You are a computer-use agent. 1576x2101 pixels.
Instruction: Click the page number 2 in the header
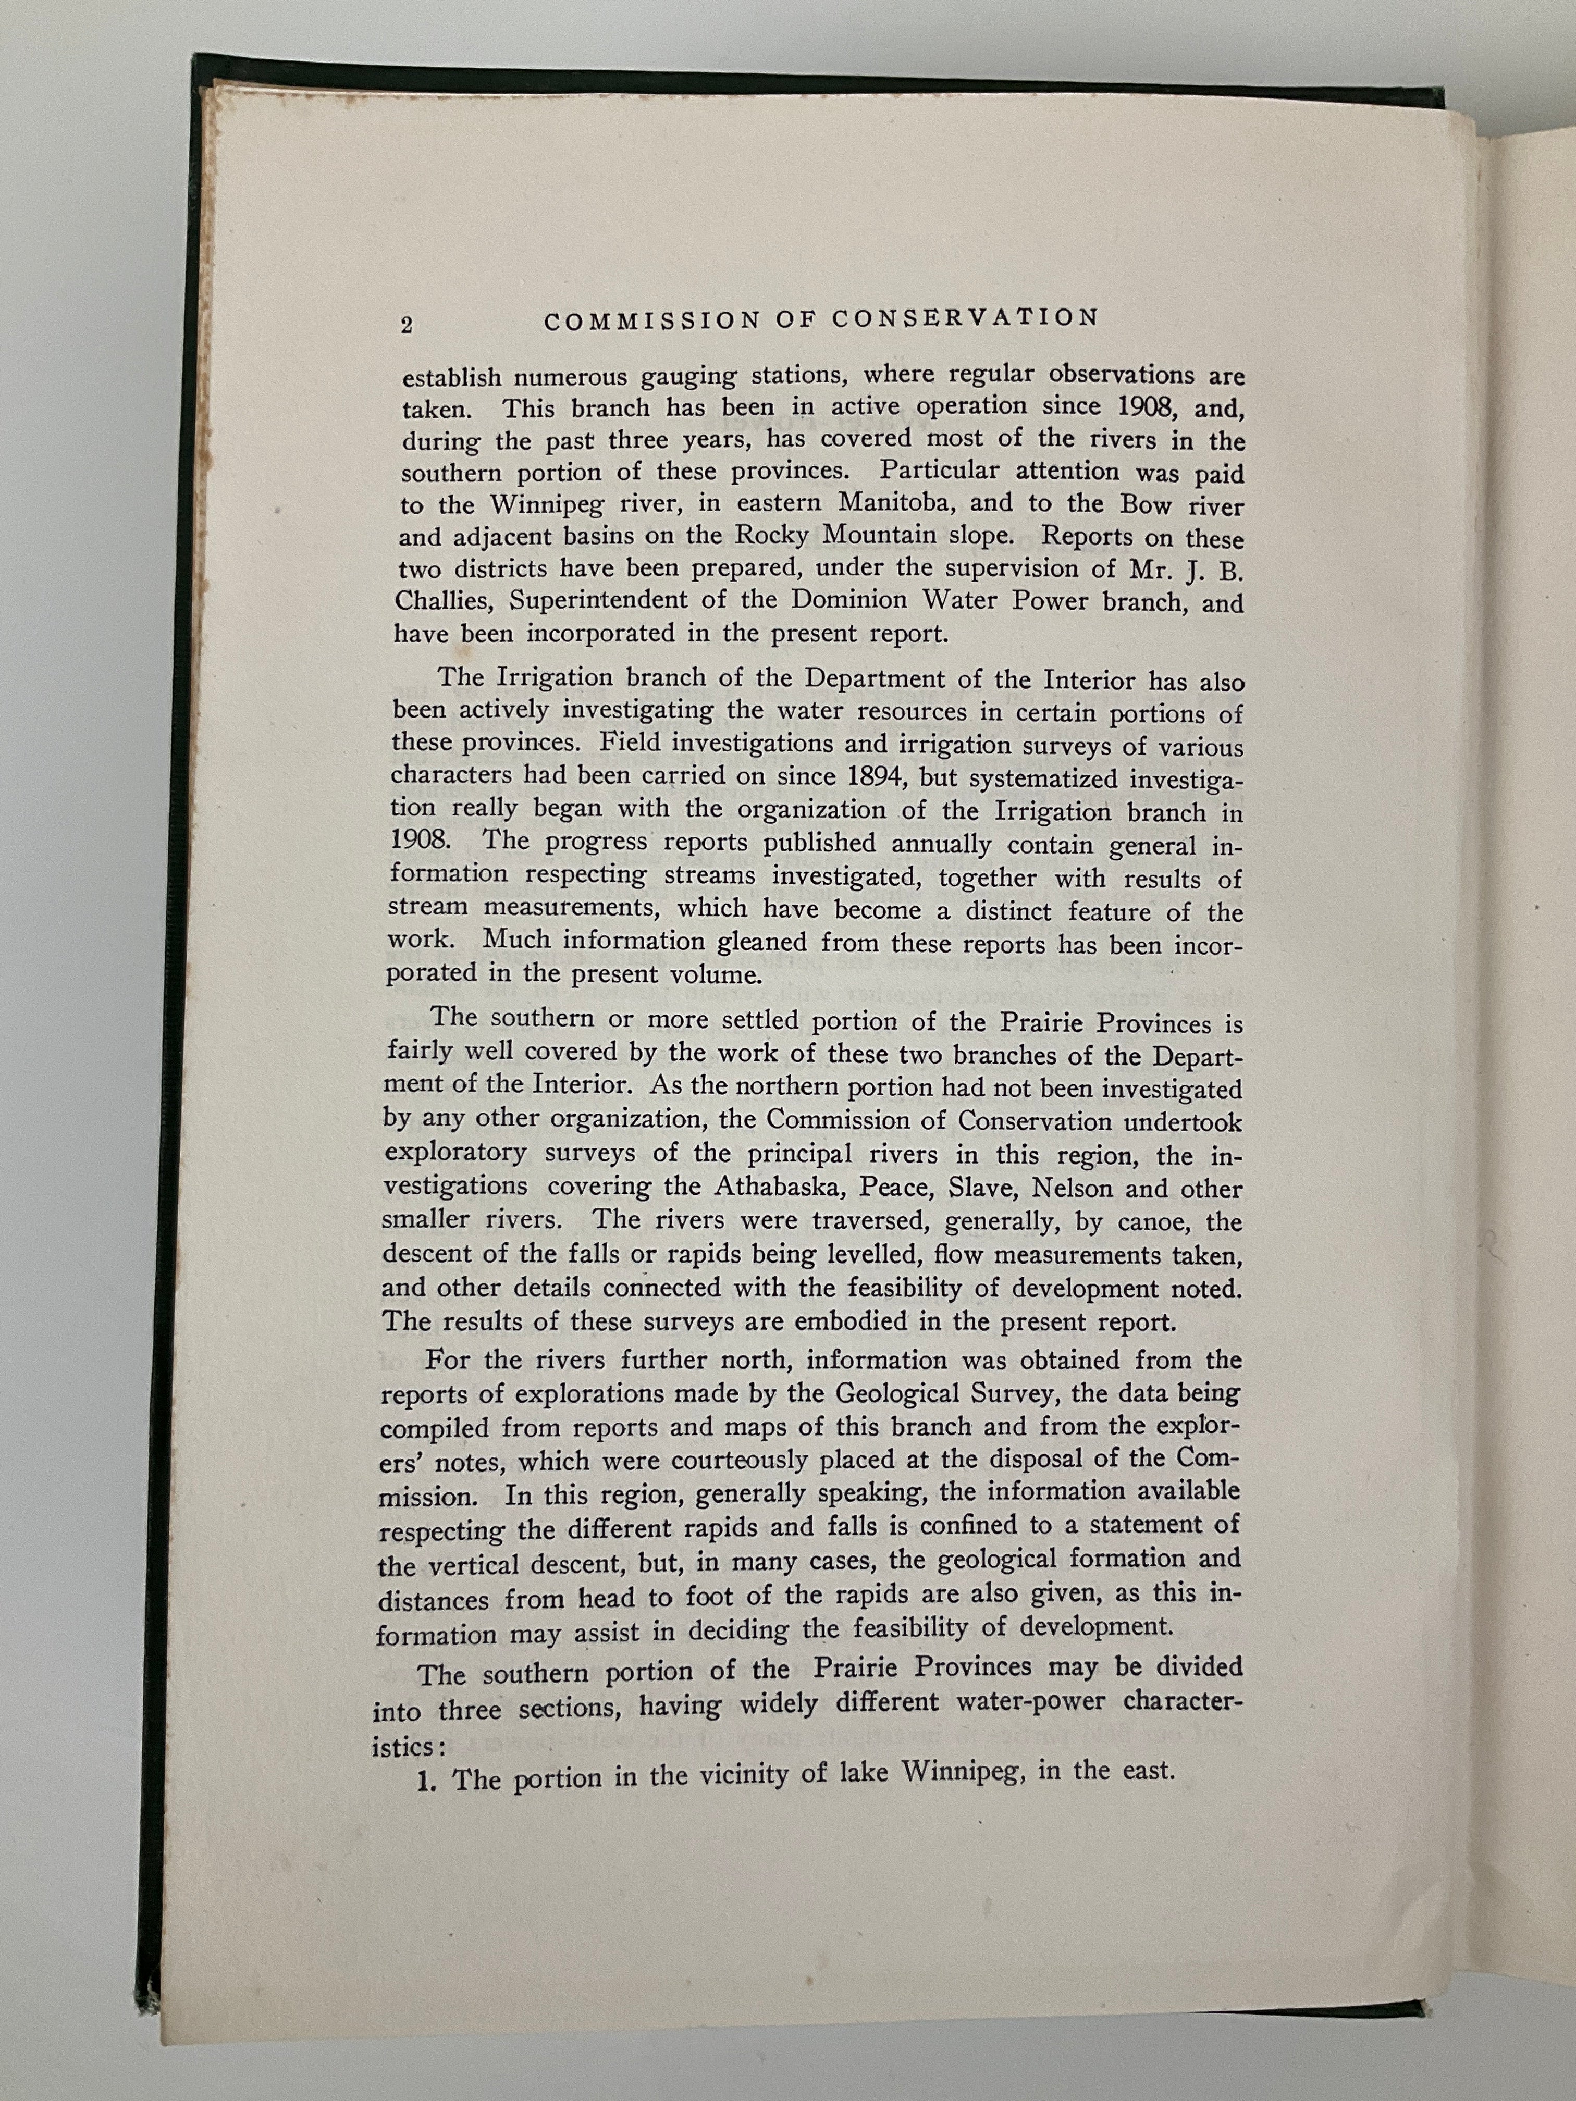click(x=407, y=325)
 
